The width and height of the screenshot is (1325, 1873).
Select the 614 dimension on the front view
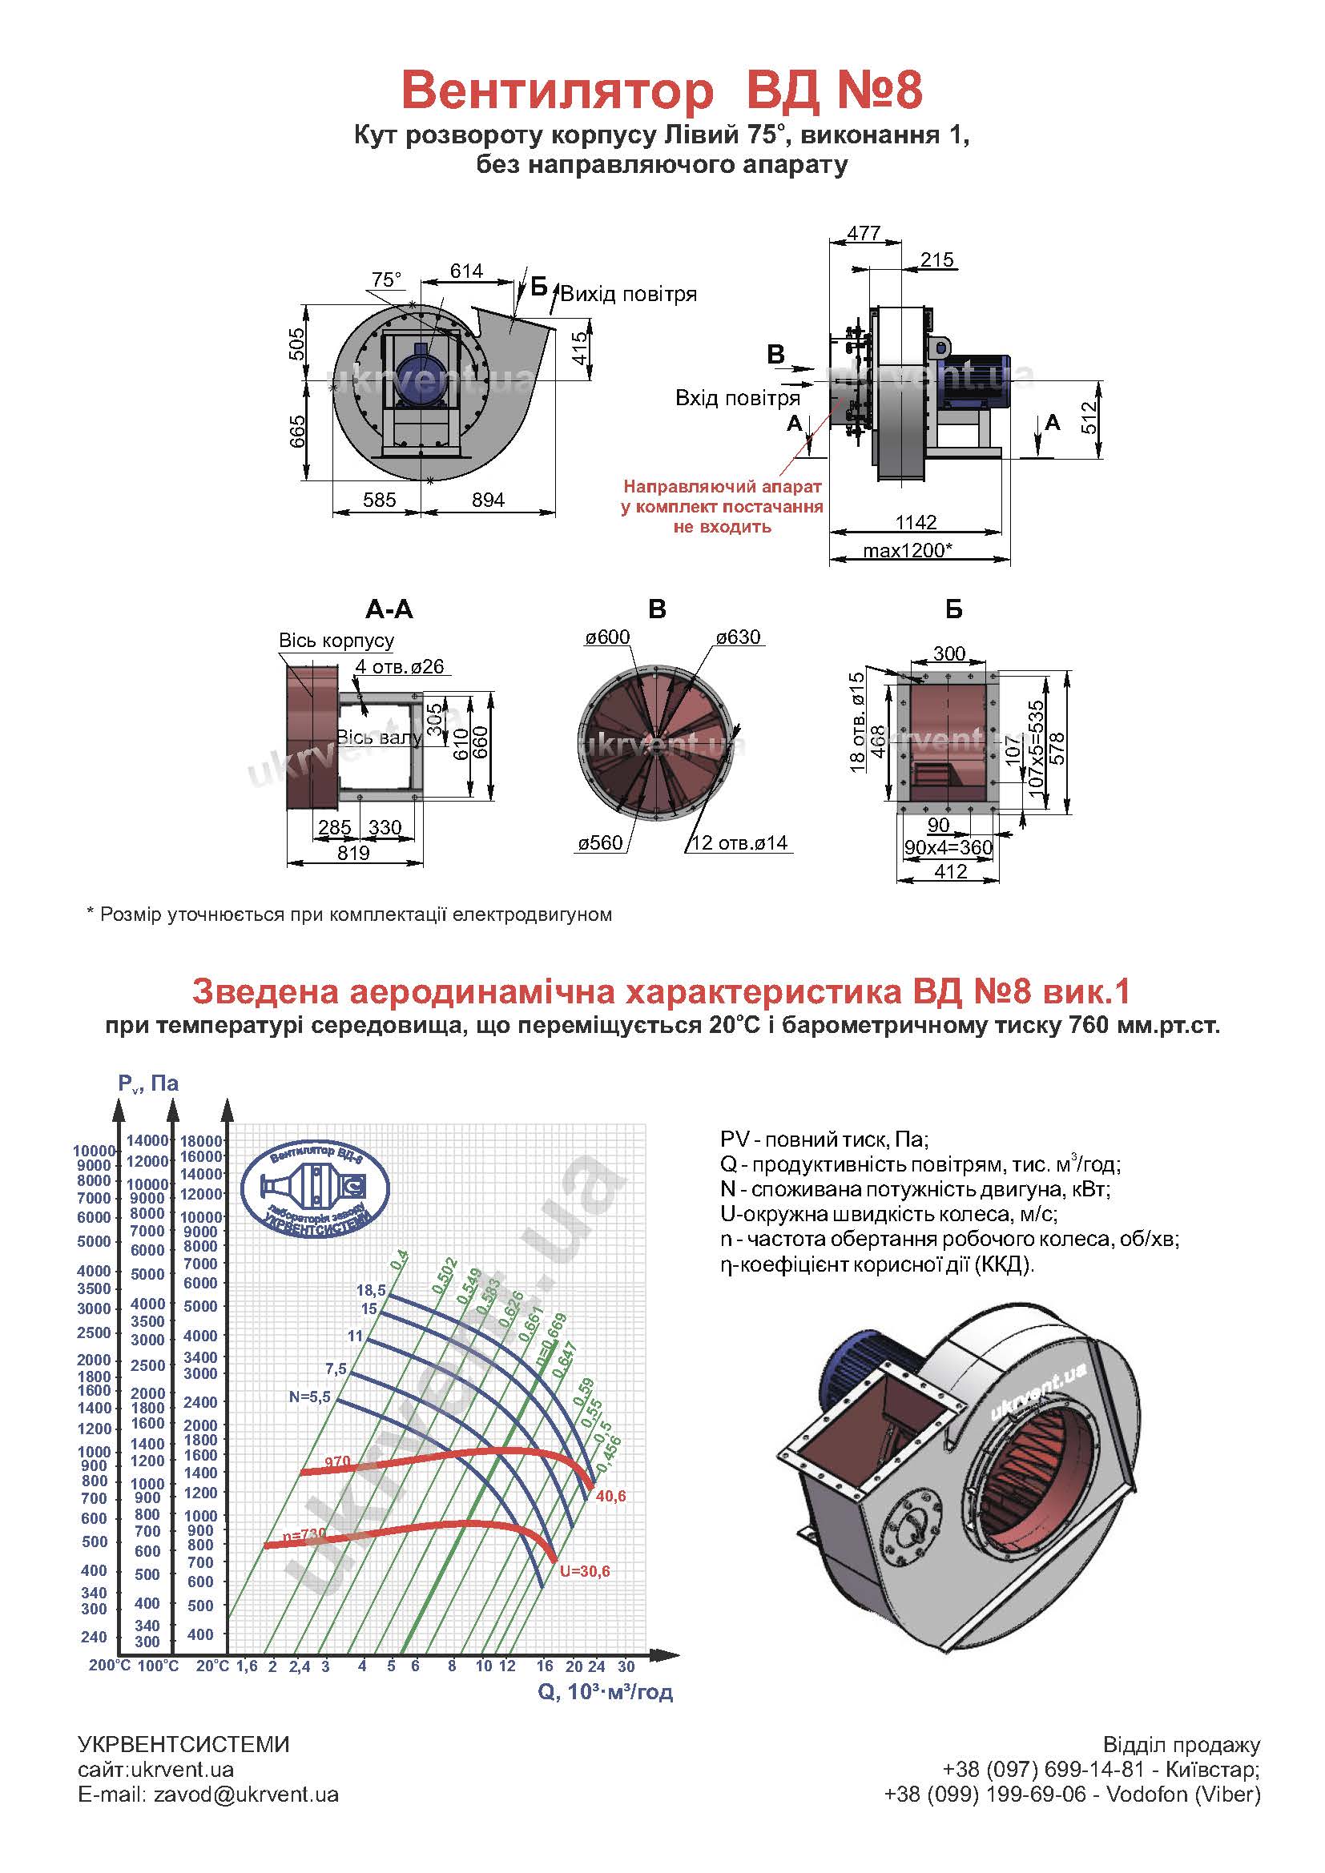coord(466,271)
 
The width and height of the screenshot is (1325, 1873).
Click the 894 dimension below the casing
coord(488,500)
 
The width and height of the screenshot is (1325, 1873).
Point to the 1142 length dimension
coord(916,522)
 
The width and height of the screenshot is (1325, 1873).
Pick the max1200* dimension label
coord(908,550)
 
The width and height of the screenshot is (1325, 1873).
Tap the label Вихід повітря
coord(628,295)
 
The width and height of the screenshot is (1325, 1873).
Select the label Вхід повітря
coord(737,398)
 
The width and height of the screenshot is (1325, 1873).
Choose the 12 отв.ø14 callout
coord(740,842)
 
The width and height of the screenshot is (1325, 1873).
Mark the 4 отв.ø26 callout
coord(400,666)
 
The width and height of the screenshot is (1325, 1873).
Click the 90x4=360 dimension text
coord(948,846)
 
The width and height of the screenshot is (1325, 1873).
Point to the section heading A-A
coord(389,609)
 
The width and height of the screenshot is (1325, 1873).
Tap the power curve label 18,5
coord(370,1290)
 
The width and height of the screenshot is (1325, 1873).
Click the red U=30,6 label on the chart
coord(584,1571)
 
